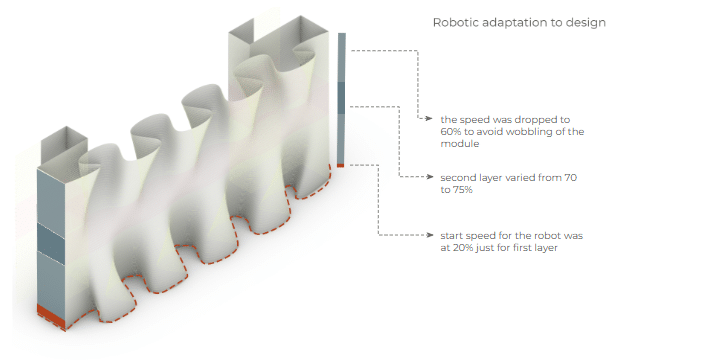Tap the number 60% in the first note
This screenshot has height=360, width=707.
[450, 132]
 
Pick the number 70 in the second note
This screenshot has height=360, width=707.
[570, 177]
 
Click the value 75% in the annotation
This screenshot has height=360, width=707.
[463, 190]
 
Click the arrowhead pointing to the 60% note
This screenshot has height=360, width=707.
[429, 119]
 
